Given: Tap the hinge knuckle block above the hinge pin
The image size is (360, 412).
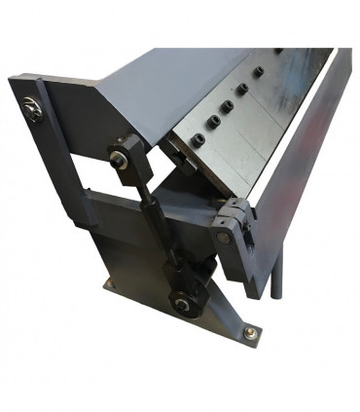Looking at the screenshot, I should click(x=235, y=212).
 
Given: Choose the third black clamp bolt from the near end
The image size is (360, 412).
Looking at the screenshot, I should click(x=228, y=104).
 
